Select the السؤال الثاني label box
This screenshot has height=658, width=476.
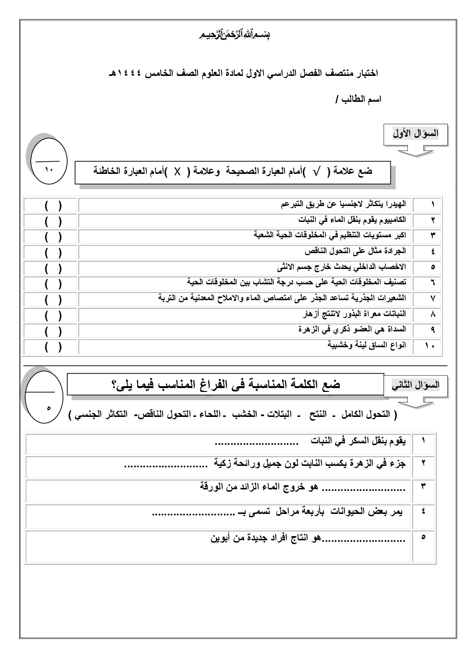(416, 385)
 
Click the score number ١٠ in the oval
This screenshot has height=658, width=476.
(48, 170)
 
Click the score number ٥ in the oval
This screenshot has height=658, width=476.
(48, 408)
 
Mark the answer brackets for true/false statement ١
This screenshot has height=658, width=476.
(53, 205)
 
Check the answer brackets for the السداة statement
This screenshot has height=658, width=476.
(53, 330)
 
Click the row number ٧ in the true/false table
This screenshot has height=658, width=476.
(432, 299)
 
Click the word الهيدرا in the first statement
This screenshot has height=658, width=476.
(396, 205)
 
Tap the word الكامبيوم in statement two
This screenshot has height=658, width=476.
(391, 220)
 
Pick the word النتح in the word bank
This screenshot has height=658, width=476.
(315, 415)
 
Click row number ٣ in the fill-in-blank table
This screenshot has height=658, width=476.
(423, 487)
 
